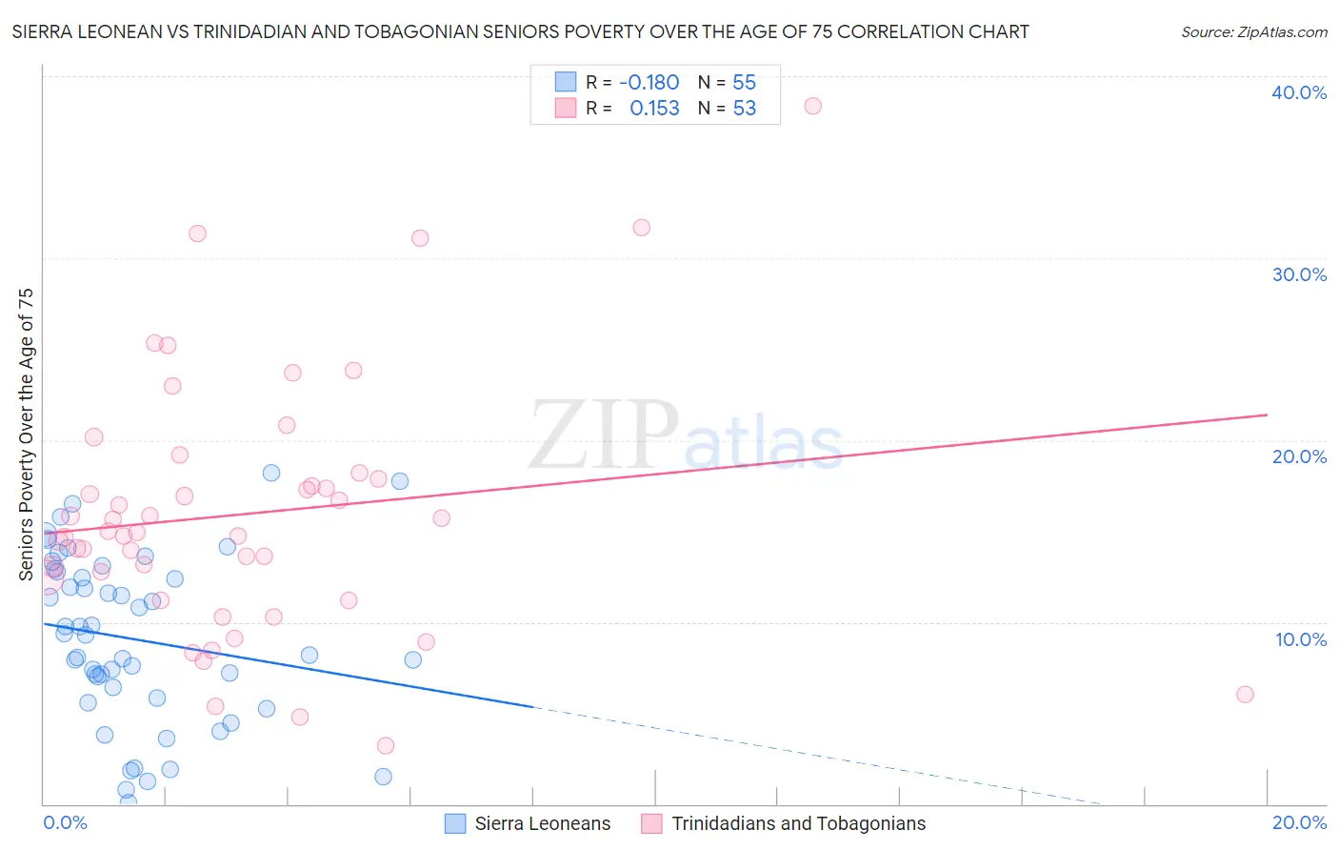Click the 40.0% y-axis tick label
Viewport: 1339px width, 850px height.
1298,92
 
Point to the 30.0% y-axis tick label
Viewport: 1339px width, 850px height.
1298,274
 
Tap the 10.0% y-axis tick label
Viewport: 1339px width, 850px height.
1300,639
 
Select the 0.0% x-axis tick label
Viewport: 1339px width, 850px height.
65,823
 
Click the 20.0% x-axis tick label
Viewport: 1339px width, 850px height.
1299,823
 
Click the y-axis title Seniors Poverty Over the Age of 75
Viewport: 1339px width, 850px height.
27,435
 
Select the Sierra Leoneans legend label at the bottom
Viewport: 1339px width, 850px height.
543,824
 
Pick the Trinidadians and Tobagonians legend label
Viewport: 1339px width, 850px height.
798,824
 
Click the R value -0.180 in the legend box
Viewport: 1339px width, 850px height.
649,82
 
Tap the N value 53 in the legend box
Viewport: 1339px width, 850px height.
744,109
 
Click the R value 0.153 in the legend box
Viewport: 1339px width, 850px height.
654,109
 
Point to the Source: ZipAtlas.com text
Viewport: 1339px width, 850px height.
1253,32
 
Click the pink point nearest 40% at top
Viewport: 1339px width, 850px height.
812,106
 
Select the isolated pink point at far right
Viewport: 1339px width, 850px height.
1245,695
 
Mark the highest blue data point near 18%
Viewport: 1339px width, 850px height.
271,473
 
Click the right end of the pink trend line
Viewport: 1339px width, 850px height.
1267,415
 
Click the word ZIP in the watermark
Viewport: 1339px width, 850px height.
603,435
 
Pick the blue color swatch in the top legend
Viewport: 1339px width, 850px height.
566,82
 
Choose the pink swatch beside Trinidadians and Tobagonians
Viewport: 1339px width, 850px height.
651,824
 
